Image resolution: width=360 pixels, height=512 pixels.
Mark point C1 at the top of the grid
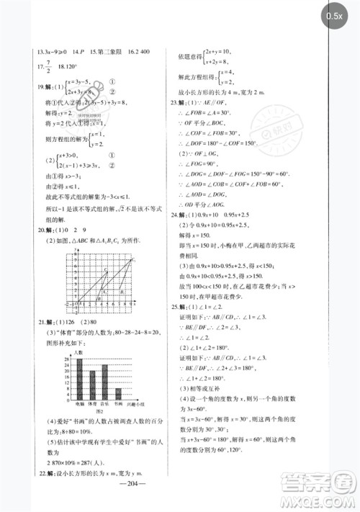106,270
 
